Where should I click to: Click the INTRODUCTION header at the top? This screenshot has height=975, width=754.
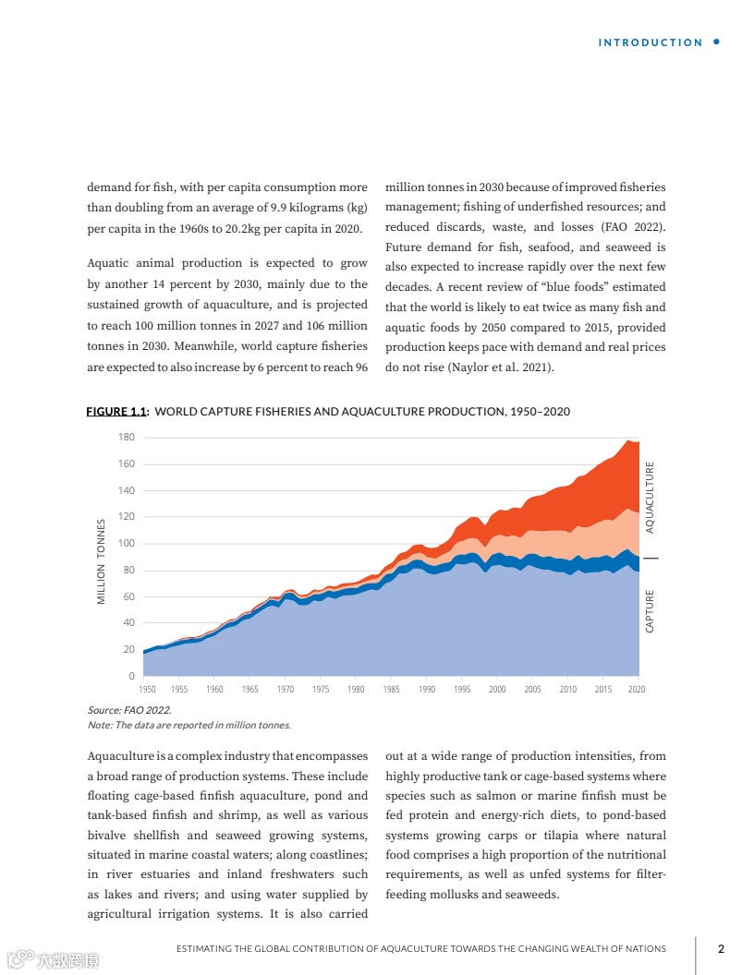tap(651, 42)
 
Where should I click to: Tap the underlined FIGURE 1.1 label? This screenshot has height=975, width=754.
tap(117, 412)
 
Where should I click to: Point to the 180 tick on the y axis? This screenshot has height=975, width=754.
tap(127, 438)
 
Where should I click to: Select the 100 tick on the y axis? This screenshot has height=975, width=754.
tap(127, 544)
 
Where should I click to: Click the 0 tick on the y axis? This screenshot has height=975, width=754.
tap(131, 677)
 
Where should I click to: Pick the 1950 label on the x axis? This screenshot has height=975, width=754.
tap(147, 690)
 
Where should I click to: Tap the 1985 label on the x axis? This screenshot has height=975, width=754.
tap(391, 690)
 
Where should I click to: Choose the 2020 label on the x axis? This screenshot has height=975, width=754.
tap(636, 690)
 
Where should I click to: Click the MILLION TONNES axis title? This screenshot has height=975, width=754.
tap(102, 561)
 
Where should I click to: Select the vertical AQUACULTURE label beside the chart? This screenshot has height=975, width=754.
tap(651, 498)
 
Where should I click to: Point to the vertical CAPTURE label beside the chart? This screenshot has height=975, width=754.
tap(651, 611)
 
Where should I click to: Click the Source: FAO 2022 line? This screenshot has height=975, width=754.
tap(128, 710)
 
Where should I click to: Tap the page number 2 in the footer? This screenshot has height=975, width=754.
tap(721, 948)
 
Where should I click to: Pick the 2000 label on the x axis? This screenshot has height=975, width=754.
tap(497, 690)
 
